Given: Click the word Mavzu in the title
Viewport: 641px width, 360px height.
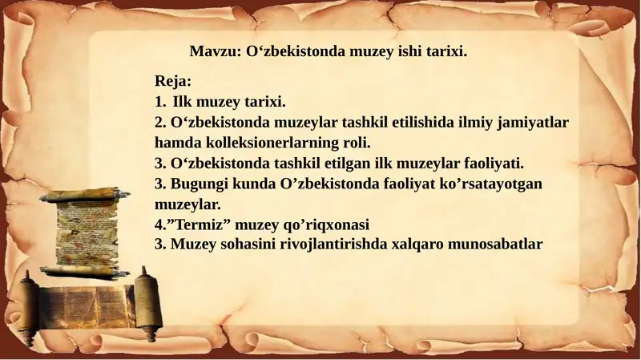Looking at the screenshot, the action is pos(213,51).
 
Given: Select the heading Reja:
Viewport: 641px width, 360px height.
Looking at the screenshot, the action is pos(173,82).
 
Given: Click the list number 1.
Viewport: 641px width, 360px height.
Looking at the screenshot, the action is pos(159,102).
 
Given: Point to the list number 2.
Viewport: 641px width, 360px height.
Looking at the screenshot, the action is pos(159,123).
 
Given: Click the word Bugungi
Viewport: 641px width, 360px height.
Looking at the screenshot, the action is pos(199,184).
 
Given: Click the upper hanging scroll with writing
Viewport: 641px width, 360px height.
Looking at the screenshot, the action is pos(86,233).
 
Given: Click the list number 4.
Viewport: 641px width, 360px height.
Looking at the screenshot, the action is pos(159,224).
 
